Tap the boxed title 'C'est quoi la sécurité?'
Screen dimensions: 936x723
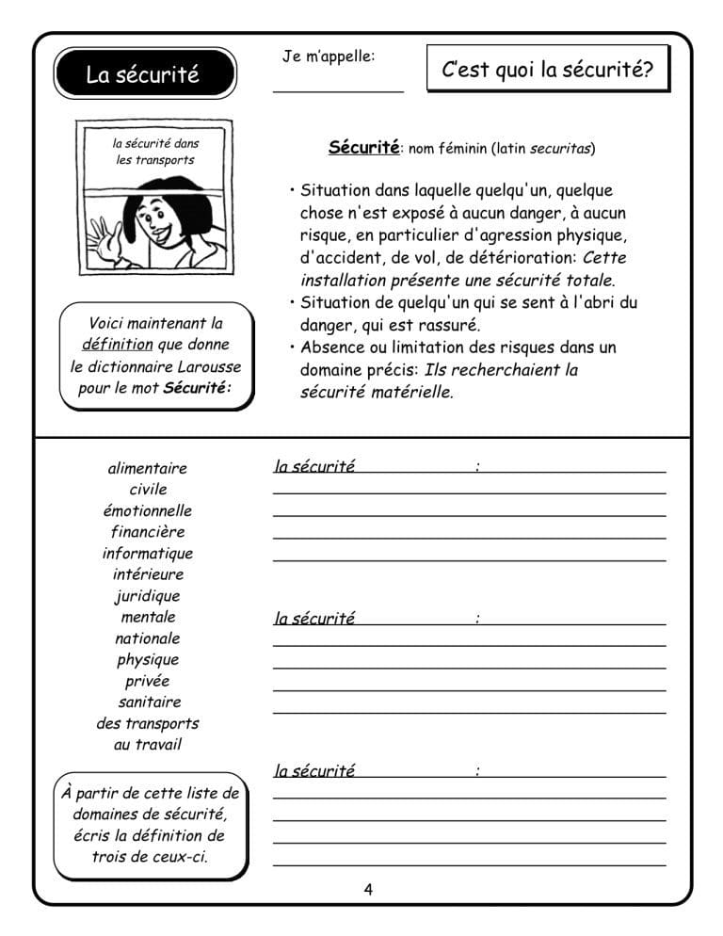(x=547, y=70)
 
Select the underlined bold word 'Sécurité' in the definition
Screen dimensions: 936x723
(x=363, y=148)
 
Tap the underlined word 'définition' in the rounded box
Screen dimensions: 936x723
(x=117, y=345)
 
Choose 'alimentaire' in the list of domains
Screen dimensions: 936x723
(x=148, y=468)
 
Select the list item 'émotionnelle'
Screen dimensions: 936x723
(x=148, y=510)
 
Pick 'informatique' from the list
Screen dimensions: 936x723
(x=148, y=554)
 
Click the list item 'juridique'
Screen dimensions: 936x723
(x=148, y=596)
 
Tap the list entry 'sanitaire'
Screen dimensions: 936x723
(x=150, y=702)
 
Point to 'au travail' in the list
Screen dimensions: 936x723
(x=148, y=745)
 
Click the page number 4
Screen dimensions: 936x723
(x=368, y=889)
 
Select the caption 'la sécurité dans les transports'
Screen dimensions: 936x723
(x=155, y=152)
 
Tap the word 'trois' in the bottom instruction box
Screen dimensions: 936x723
(x=115, y=857)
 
